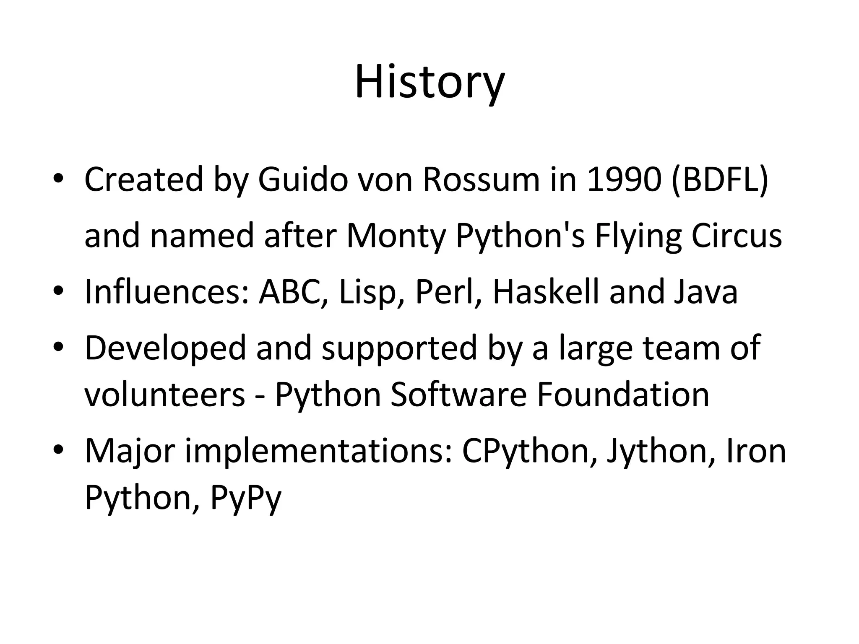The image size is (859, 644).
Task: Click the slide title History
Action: (429, 82)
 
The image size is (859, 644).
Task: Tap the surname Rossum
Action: (481, 180)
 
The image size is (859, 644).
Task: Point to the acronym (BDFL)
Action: (720, 180)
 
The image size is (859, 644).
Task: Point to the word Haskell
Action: (545, 292)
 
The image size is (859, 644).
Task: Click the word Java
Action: (706, 292)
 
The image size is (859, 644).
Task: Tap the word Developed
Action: (165, 348)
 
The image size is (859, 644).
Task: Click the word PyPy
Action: (246, 498)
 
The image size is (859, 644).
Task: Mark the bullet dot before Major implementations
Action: (58, 449)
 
